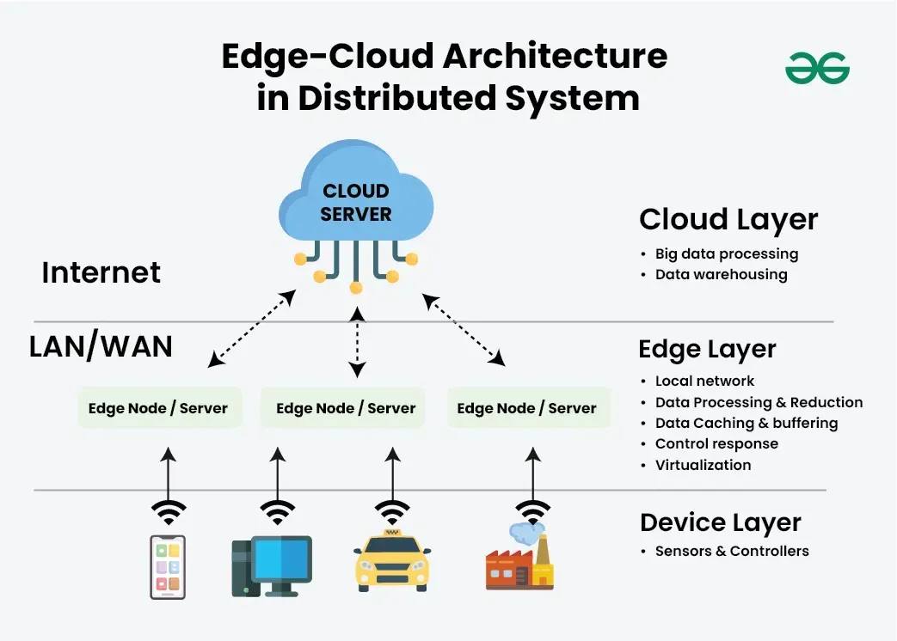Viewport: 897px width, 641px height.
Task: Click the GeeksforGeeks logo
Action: pyautogui.click(x=818, y=69)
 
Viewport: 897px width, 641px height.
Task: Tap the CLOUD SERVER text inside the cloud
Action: pyautogui.click(x=356, y=202)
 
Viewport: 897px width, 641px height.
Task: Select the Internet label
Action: pyautogui.click(x=101, y=272)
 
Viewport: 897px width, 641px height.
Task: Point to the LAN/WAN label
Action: pyautogui.click(x=101, y=346)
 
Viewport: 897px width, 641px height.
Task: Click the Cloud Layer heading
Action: pyautogui.click(x=728, y=220)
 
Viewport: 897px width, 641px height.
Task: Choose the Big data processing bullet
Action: pyautogui.click(x=727, y=253)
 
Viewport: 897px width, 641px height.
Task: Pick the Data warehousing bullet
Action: pyautogui.click(x=721, y=274)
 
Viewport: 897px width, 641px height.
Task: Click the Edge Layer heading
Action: pyautogui.click(x=707, y=349)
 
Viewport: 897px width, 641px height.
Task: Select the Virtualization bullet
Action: pyautogui.click(x=703, y=465)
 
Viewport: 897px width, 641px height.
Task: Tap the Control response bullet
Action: pyautogui.click(x=716, y=444)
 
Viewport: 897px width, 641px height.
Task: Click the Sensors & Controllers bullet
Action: pyautogui.click(x=732, y=551)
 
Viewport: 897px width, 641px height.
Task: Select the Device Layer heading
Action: pyautogui.click(x=720, y=522)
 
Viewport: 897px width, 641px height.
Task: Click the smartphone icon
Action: pyautogui.click(x=168, y=567)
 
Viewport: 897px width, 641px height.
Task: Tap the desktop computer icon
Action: pyautogui.click(x=272, y=566)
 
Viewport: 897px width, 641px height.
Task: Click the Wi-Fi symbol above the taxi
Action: pyautogui.click(x=392, y=512)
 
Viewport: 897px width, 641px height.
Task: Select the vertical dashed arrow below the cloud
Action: pyautogui.click(x=357, y=342)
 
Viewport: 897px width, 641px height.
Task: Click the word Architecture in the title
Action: pyautogui.click(x=555, y=56)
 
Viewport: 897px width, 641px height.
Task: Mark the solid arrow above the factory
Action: pyautogui.click(x=533, y=475)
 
